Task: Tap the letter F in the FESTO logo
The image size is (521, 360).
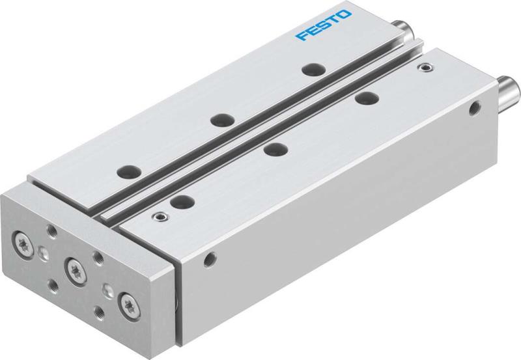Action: [x=301, y=35]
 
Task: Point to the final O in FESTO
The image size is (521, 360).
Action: [x=345, y=15]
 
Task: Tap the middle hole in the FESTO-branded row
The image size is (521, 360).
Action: [x=221, y=119]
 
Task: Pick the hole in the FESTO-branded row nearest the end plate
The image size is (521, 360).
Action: [x=126, y=172]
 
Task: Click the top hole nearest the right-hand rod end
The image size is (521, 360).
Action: [x=369, y=98]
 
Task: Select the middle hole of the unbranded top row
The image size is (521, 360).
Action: [x=276, y=148]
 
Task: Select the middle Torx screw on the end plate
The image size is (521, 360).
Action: [x=74, y=266]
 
